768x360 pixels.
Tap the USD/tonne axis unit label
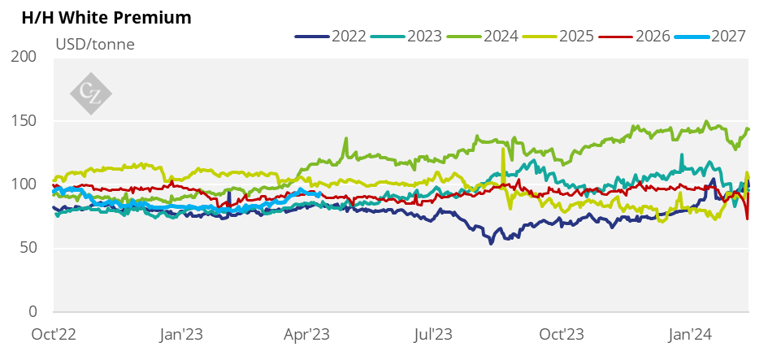[94, 44]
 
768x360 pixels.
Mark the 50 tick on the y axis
[29, 248]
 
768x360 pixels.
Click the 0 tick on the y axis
[33, 312]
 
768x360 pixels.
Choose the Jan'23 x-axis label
[182, 334]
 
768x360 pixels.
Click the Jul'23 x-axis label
[435, 334]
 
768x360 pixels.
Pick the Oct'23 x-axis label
[562, 334]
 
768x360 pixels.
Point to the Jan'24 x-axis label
[692, 334]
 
